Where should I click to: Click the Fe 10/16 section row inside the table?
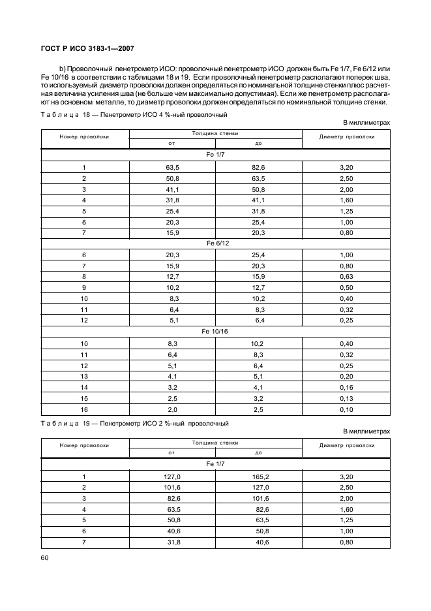tap(215, 332)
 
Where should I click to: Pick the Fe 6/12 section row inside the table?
tap(215, 243)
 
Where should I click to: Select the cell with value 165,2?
tap(258, 476)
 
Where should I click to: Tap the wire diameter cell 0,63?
tap(346, 276)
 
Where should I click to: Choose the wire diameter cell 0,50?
tap(346, 287)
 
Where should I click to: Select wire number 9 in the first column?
tap(84, 287)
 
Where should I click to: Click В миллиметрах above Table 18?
tap(366, 122)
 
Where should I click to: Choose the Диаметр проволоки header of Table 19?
tap(346, 446)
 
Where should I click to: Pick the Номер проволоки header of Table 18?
tap(85, 137)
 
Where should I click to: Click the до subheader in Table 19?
tap(258, 452)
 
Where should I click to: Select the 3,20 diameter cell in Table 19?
tap(346, 476)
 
